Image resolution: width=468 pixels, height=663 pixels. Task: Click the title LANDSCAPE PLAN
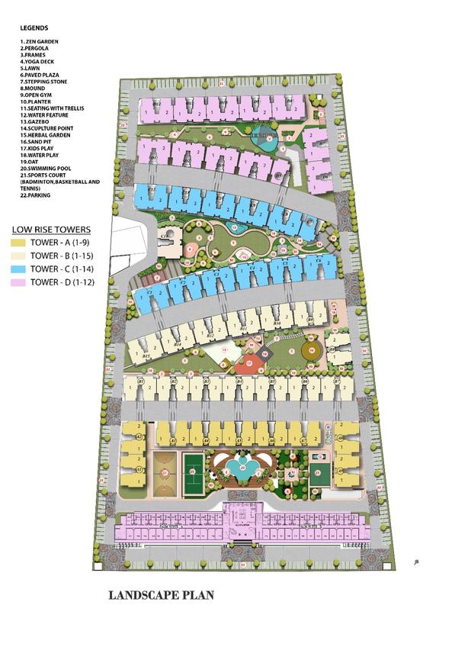[x=162, y=594]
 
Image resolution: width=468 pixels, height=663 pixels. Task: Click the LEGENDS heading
[x=34, y=28]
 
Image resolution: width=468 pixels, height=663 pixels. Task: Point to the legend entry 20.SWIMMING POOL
[x=46, y=168]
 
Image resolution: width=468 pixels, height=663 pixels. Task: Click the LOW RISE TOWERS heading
[x=51, y=229]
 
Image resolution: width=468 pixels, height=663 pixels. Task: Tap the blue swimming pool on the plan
[x=242, y=471]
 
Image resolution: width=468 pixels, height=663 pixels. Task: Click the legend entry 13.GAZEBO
[x=36, y=121]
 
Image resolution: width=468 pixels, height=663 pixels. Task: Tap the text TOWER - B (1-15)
[x=59, y=256]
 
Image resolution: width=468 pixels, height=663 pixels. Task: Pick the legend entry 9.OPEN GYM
[x=38, y=95]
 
